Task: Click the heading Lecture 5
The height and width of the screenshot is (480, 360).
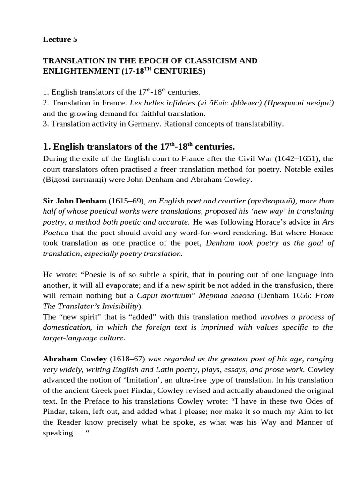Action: click(x=60, y=40)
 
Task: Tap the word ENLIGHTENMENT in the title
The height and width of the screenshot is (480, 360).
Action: click(x=82, y=72)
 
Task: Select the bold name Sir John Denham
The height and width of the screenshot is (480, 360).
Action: click(x=75, y=201)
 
